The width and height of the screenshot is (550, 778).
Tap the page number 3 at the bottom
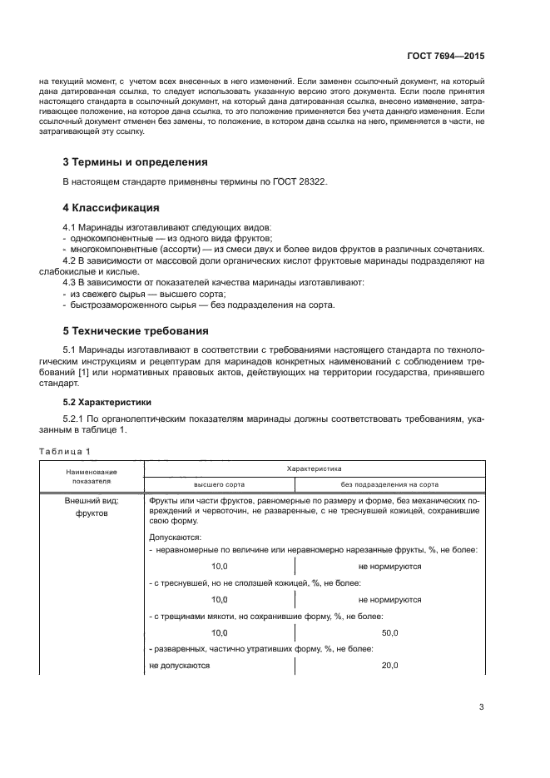(481, 707)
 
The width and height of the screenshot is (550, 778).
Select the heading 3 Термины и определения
(136, 161)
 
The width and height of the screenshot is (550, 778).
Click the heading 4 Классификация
(111, 207)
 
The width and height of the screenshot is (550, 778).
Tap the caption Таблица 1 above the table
(65, 451)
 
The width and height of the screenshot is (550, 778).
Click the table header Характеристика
(314, 469)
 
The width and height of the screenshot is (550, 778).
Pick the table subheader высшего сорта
(219, 484)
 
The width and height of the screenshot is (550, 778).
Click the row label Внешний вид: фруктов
(92, 507)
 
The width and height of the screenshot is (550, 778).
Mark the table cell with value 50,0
(389, 633)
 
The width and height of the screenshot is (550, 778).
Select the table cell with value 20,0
(389, 667)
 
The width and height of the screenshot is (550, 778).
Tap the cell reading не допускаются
(180, 667)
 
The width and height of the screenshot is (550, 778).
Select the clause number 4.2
(72, 261)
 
